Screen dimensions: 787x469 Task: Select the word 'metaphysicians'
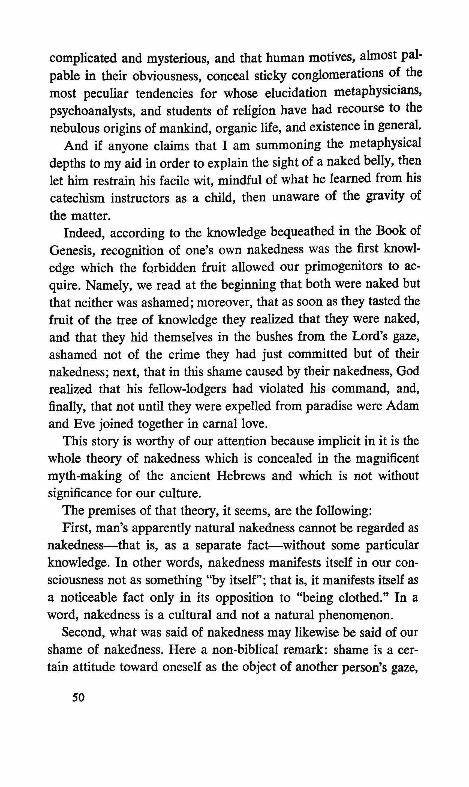pyautogui.click(x=378, y=92)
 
